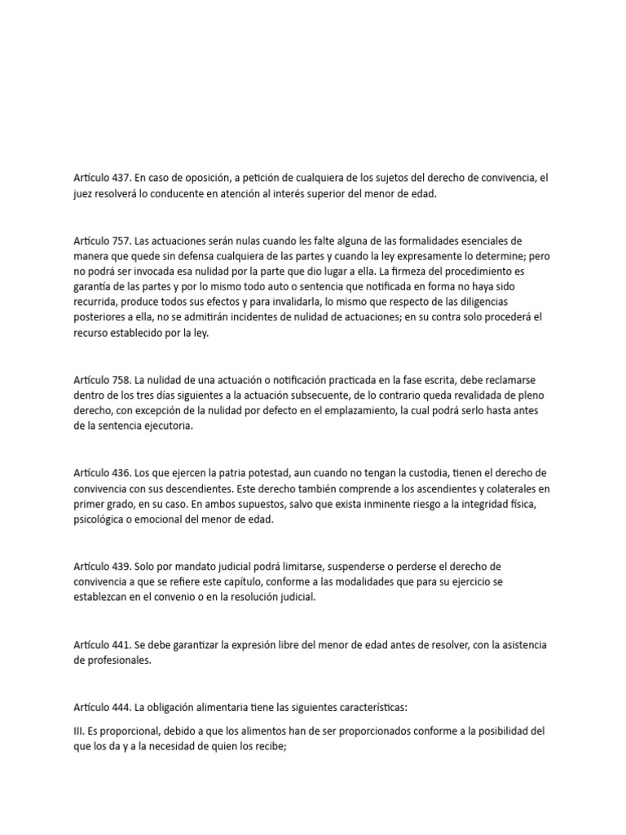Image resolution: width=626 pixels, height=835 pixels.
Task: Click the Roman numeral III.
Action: [78, 731]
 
